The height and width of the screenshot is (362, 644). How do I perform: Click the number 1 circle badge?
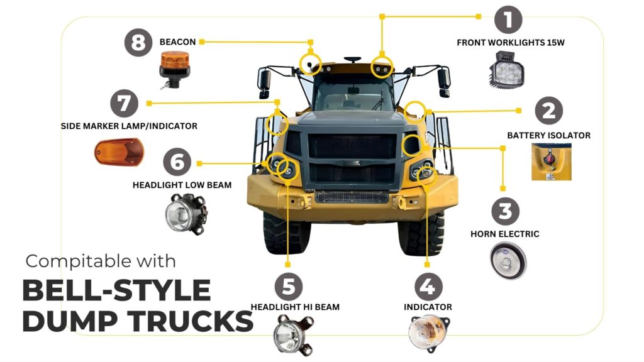(x=508, y=19)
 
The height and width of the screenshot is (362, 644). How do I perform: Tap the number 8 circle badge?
(x=138, y=42)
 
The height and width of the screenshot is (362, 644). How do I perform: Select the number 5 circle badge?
(x=288, y=287)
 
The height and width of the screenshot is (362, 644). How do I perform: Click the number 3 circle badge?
(x=505, y=211)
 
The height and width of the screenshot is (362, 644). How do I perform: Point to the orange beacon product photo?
(x=175, y=70)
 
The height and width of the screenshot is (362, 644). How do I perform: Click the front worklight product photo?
(x=507, y=69)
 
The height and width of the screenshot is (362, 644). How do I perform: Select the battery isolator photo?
(x=551, y=162)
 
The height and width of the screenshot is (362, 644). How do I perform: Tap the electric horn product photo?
(x=508, y=261)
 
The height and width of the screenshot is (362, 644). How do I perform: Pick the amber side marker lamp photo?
(x=119, y=152)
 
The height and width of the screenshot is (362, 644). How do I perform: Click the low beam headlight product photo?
(x=186, y=214)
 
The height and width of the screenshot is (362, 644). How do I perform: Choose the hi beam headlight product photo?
(x=293, y=334)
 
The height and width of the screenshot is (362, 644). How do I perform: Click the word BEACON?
(x=177, y=42)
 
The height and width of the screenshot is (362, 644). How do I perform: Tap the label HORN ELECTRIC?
(x=505, y=234)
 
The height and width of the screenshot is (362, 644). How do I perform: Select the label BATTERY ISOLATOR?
(x=548, y=136)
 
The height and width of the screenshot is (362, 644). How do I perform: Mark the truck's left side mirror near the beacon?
(x=265, y=84)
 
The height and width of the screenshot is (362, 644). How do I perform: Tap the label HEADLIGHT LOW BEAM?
(x=182, y=185)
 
